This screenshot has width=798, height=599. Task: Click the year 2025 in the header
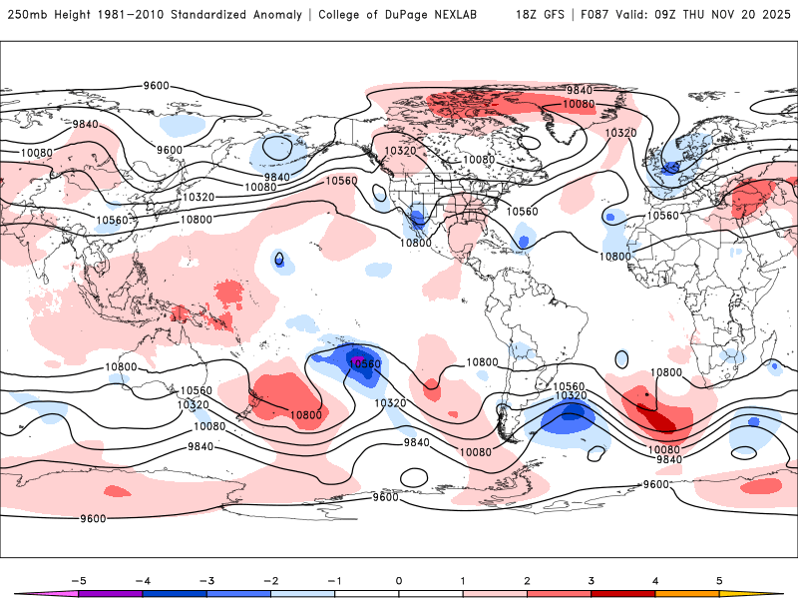pos(773,15)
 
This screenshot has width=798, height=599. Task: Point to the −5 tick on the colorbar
pos(78,579)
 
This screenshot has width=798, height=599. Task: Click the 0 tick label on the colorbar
pos(399,579)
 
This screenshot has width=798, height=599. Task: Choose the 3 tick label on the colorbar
pos(592,579)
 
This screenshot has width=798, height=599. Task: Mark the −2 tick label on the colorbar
pos(270,579)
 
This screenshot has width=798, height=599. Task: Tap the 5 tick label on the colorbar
pos(719,579)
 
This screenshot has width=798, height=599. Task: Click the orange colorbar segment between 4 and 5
pos(686,593)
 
